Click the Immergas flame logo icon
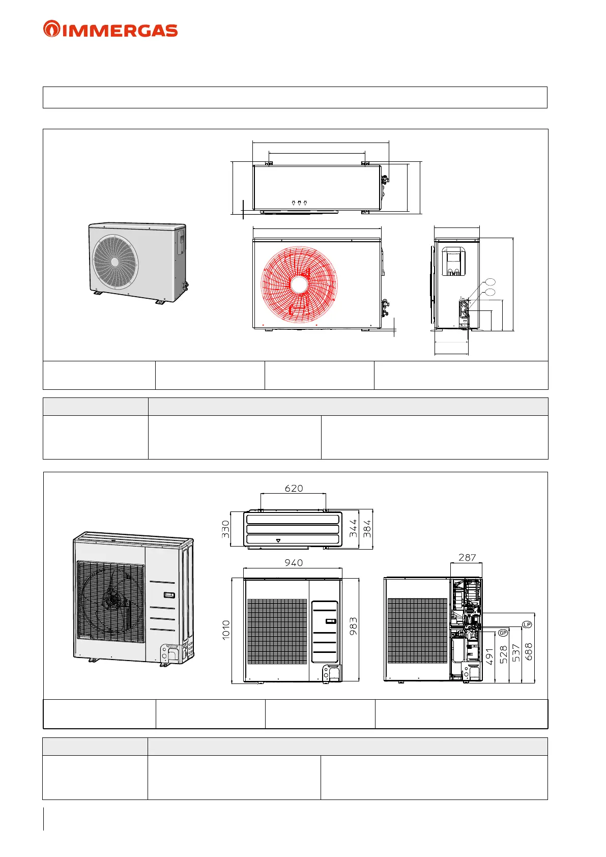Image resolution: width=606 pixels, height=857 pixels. tap(51, 29)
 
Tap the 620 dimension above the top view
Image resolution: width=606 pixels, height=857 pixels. tap(294, 488)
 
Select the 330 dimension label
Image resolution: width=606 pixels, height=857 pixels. tap(226, 529)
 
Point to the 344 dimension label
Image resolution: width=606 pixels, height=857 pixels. tap(353, 529)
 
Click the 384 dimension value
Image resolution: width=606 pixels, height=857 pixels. tap(367, 529)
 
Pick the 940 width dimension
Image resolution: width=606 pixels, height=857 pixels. tap(294, 562)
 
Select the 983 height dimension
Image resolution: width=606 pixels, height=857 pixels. tap(353, 626)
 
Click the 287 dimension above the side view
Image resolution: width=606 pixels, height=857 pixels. tap(467, 557)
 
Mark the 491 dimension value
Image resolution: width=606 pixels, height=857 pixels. tap(489, 657)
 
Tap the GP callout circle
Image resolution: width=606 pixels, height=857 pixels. tap(503, 633)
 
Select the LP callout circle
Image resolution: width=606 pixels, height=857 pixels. tap(527, 624)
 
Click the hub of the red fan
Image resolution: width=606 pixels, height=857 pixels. tap(299, 284)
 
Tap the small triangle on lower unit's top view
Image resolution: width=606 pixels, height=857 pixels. tap(278, 540)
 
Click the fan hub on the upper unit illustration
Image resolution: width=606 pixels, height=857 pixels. tap(115, 262)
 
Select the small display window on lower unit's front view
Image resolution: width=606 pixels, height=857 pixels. tap(330, 621)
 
